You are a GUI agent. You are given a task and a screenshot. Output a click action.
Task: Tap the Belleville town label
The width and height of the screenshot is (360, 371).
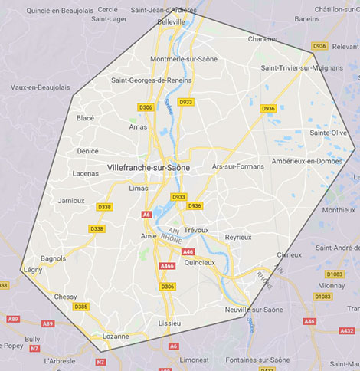pyautogui.click(x=171, y=22)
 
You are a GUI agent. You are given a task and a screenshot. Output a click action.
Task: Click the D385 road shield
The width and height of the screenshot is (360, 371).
pyautogui.click(x=80, y=307)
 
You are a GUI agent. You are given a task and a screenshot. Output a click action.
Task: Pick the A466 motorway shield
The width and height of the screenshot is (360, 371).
pyautogui.click(x=167, y=265)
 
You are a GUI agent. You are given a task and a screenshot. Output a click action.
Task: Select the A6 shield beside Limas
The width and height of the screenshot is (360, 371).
pyautogui.click(x=146, y=215)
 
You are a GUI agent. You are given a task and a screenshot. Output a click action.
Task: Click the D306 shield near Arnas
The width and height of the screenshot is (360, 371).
pyautogui.click(x=146, y=107)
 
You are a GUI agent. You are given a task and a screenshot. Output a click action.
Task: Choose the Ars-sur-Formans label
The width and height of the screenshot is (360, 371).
pyautogui.click(x=237, y=166)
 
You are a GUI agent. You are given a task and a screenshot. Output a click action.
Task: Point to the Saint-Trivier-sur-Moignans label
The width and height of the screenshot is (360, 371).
pyautogui.click(x=300, y=67)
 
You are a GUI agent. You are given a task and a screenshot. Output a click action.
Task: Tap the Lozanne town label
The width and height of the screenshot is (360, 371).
pyautogui.click(x=116, y=336)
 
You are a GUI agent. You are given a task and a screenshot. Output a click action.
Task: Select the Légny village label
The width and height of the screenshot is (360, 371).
pyautogui.click(x=33, y=270)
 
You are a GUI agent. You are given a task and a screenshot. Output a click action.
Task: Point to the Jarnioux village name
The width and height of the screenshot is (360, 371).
pyautogui.click(x=71, y=200)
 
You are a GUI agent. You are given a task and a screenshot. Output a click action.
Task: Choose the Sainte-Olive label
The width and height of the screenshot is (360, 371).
pyautogui.click(x=326, y=133)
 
